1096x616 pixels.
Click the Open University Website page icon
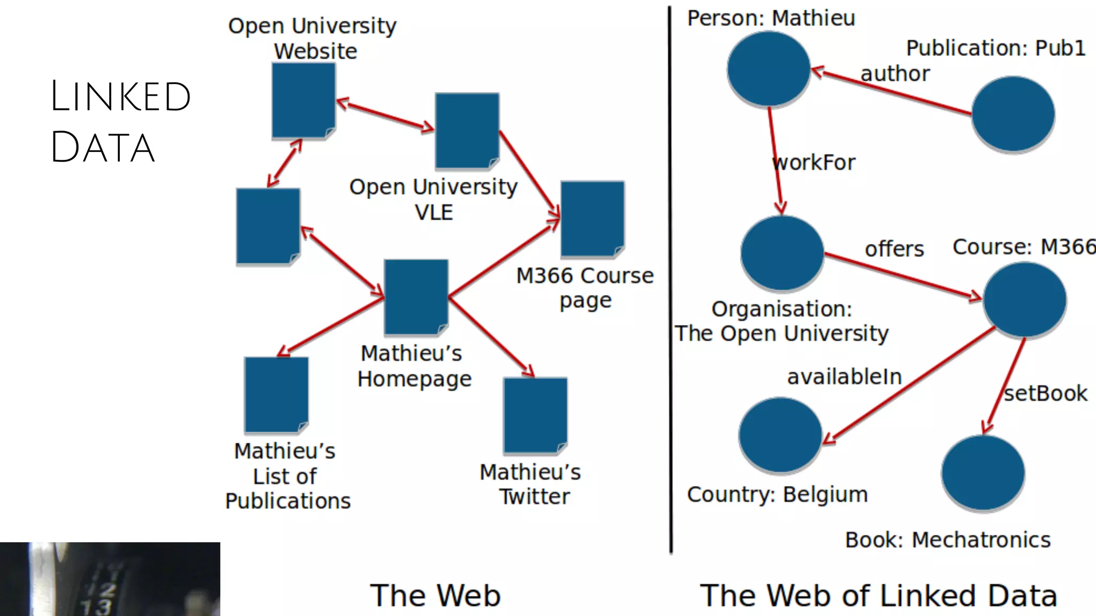click(303, 101)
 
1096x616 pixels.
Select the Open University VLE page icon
click(467, 130)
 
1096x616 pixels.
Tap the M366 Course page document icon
click(592, 219)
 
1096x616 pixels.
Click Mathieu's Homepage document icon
click(416, 297)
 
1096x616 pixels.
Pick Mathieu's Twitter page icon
click(535, 415)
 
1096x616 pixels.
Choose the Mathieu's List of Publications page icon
click(276, 395)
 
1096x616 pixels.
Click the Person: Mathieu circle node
click(768, 68)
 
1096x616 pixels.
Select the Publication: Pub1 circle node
click(1013, 114)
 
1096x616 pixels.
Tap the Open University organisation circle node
click(782, 253)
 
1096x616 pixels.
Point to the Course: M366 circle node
click(1024, 299)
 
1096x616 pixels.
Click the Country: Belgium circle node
click(780, 435)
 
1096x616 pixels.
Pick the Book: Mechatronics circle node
click(983, 473)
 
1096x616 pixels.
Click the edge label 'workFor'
click(814, 163)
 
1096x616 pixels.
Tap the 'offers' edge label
click(894, 249)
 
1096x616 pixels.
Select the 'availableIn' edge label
click(844, 377)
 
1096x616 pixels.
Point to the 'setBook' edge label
click(1045, 394)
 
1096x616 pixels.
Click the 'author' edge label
click(895, 74)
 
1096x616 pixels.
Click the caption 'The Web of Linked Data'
click(878, 596)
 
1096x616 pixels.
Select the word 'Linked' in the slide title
click(121, 97)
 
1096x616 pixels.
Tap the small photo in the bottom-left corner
click(110, 579)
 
